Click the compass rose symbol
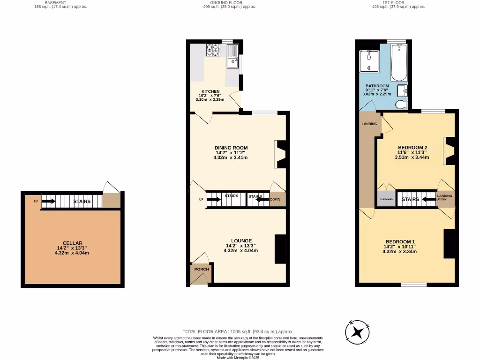point(358,332)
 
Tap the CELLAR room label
point(72,243)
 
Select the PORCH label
point(202,270)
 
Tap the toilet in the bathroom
point(401,104)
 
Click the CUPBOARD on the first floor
point(386,199)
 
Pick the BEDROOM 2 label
point(412,147)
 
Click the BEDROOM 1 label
point(399,241)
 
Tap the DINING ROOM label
point(232,148)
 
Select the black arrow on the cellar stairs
point(48,202)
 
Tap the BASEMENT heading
point(55,2)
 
